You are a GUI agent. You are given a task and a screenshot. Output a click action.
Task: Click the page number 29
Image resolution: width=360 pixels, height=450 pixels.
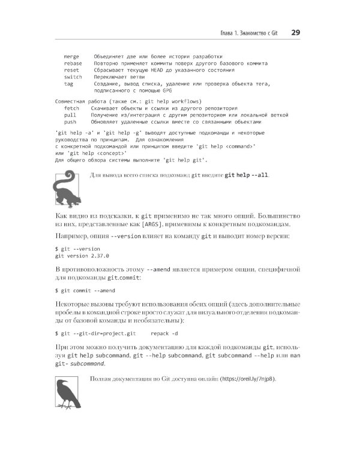click(296, 32)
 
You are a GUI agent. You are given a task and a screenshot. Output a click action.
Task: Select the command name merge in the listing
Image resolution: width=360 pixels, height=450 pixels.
click(71, 56)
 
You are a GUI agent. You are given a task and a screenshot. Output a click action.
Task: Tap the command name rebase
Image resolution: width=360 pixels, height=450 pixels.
click(73, 63)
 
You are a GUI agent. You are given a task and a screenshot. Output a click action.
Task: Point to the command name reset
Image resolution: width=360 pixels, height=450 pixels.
click(71, 70)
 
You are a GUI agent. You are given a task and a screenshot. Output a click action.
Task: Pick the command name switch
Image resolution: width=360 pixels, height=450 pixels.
click(73, 77)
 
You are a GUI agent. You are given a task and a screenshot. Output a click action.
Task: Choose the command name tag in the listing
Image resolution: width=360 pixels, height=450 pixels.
click(68, 85)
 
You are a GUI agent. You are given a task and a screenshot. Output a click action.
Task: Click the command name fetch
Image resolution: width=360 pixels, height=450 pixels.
click(71, 108)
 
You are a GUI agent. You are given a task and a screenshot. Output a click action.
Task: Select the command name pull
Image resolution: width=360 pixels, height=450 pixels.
click(70, 115)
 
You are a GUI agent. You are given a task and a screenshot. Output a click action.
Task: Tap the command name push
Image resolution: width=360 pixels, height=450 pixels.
click(70, 122)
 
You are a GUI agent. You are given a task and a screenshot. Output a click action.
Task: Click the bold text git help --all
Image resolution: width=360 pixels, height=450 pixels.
click(247, 175)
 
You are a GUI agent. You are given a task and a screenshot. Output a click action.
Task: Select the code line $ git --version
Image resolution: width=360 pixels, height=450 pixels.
click(77, 248)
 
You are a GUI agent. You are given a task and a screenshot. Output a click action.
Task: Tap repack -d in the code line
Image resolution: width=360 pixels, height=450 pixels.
click(164, 332)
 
